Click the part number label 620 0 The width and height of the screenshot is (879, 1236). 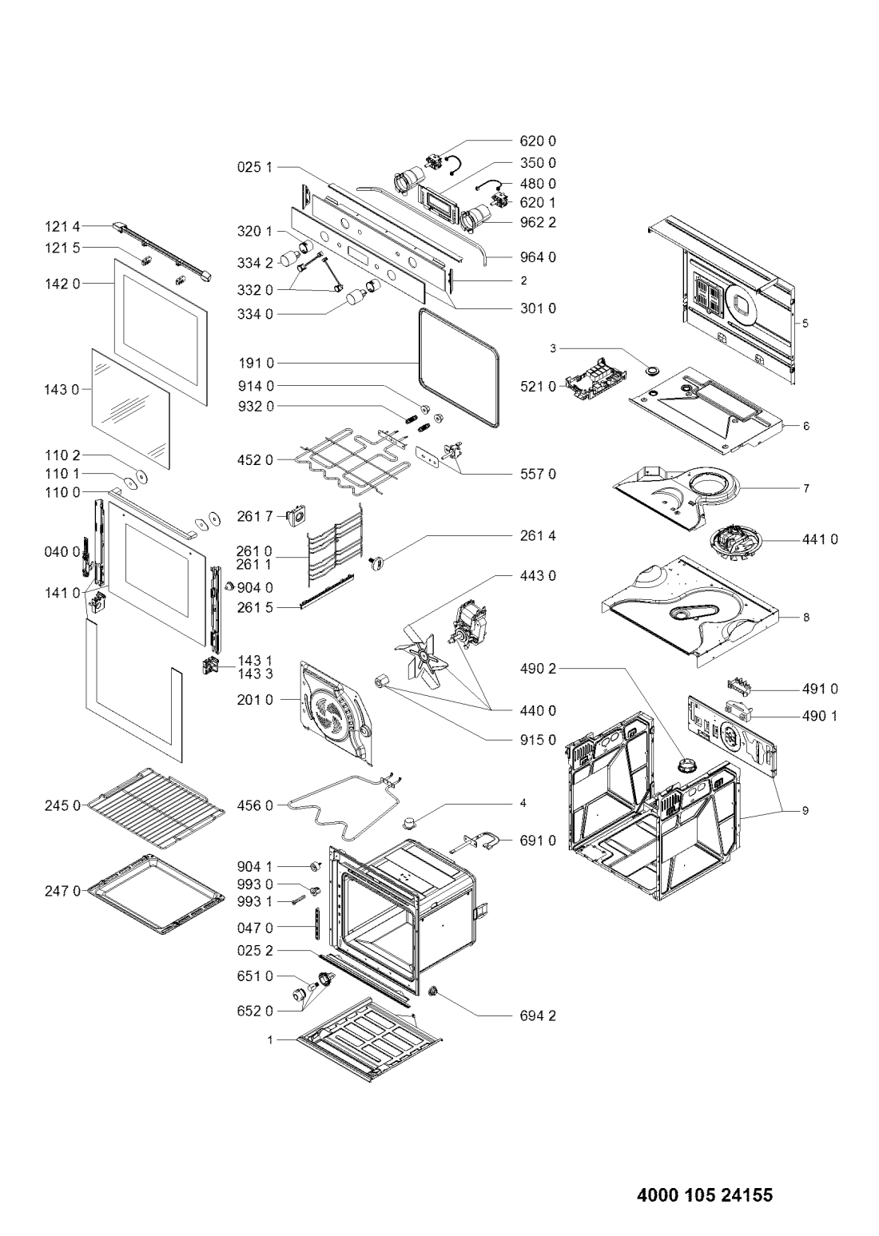(x=538, y=141)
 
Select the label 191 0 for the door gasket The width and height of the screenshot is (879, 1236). (x=255, y=364)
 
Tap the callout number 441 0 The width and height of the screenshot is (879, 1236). (x=820, y=539)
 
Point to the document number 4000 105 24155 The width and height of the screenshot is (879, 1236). (x=705, y=1191)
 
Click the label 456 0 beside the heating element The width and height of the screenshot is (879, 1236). (x=255, y=806)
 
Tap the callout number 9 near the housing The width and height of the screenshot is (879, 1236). (x=805, y=811)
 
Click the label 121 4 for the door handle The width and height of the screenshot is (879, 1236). (x=63, y=226)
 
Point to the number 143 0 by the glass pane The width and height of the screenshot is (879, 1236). (x=62, y=390)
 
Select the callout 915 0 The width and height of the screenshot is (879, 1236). (x=538, y=739)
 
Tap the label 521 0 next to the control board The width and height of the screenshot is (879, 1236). (x=538, y=387)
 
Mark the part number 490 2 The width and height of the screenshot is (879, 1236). (x=538, y=669)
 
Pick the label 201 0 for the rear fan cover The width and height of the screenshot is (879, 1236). (x=255, y=700)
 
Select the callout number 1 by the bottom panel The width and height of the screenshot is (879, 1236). (x=270, y=1040)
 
